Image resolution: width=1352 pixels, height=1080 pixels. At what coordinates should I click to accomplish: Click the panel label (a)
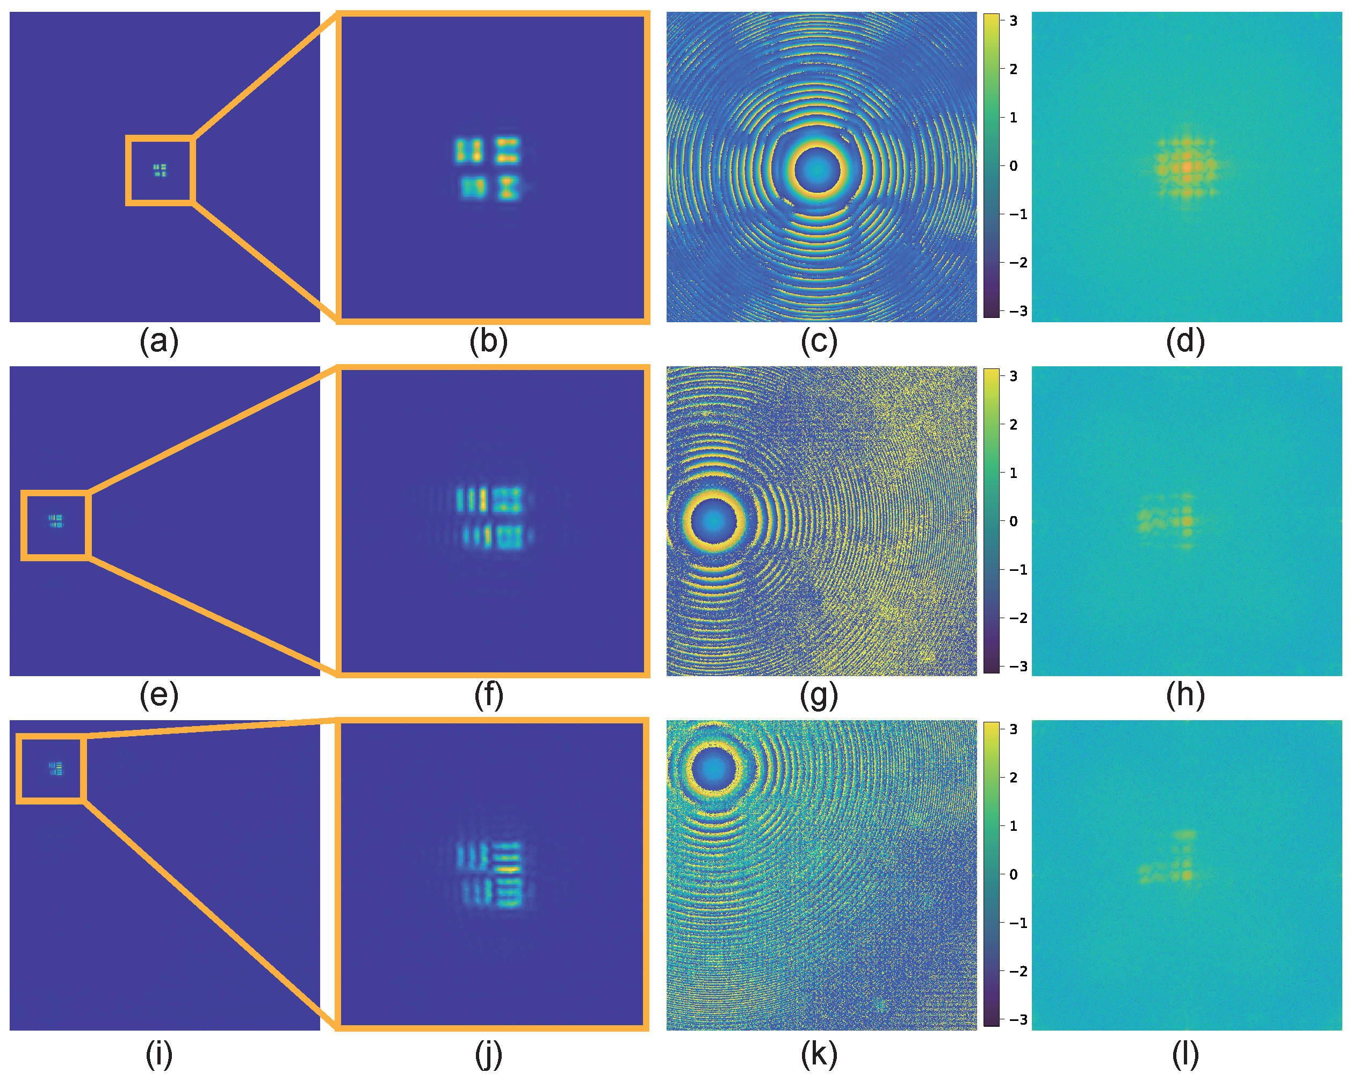(158, 342)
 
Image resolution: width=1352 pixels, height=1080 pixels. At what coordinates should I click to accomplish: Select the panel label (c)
(819, 342)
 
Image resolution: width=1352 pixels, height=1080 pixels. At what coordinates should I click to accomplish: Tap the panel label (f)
(488, 695)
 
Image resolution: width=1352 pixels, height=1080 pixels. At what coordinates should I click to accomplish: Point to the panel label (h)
(1184, 695)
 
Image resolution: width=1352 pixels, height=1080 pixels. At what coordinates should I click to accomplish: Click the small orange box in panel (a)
(160, 170)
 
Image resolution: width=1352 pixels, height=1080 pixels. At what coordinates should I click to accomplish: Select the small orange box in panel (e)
(56, 525)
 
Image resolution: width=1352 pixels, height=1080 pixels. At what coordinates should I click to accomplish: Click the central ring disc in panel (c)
(816, 170)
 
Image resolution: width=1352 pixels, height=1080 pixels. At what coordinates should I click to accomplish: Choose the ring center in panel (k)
(713, 769)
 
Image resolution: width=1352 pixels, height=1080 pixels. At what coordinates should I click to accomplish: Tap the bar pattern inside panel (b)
(488, 169)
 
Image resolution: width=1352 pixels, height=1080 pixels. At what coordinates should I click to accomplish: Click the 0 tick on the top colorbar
(1013, 166)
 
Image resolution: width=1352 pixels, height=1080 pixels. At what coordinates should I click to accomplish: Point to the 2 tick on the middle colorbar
(1013, 424)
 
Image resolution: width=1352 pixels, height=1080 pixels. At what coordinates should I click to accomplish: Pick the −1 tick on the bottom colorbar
(1017, 923)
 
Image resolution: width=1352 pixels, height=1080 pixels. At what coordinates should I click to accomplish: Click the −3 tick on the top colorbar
(1017, 311)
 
